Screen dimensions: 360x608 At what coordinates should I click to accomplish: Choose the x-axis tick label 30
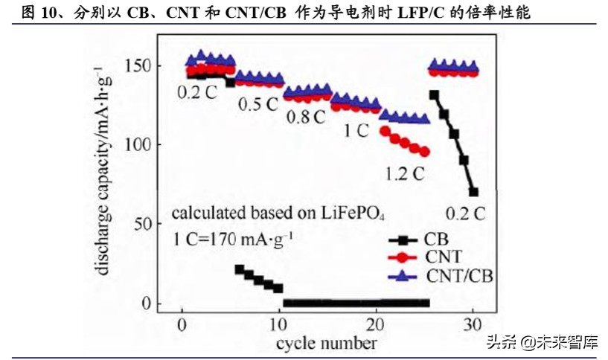click(x=473, y=324)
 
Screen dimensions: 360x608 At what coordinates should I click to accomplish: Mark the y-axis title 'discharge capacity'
click(x=102, y=171)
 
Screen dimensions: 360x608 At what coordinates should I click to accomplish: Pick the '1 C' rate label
click(x=356, y=130)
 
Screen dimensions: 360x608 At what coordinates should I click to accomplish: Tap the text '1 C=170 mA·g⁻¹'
click(x=231, y=240)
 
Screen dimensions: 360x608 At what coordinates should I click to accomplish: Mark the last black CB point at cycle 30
click(x=473, y=191)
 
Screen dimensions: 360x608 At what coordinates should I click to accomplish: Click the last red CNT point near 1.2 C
click(x=425, y=152)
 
